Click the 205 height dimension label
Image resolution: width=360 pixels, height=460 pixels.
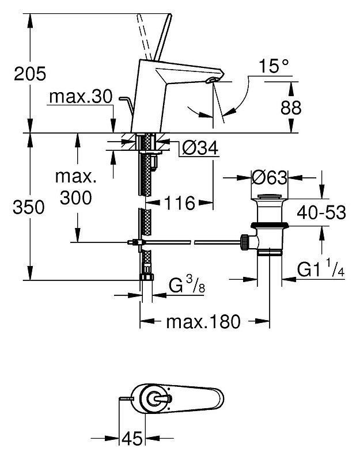(30, 73)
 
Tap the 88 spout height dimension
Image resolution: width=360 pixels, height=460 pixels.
(291, 108)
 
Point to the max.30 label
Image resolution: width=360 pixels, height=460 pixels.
(81, 96)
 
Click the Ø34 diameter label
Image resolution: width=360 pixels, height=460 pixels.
(200, 147)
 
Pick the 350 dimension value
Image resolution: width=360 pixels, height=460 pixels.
(28, 207)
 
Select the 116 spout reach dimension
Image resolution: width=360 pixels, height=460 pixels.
(180, 203)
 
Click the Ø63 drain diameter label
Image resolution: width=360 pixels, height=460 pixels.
(270, 177)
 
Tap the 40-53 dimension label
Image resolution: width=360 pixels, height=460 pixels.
(321, 212)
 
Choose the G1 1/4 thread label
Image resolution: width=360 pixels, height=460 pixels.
(321, 270)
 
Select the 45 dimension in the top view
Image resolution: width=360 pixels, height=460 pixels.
(132, 439)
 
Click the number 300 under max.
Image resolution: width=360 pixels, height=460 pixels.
(75, 197)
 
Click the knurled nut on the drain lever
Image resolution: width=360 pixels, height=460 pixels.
(244, 242)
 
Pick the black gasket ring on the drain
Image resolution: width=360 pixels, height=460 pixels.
(270, 225)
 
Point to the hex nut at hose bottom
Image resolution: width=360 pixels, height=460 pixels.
(146, 277)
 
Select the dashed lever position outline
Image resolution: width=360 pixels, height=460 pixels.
(144, 37)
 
